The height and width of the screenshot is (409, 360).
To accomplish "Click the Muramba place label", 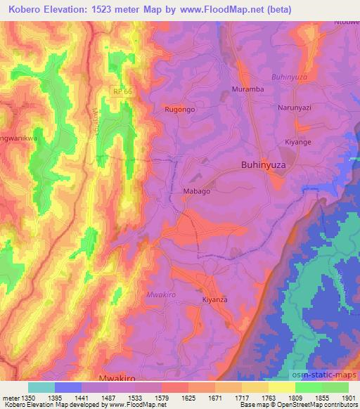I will pos(247,90).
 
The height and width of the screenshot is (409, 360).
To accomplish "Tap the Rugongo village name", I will pos(179,110).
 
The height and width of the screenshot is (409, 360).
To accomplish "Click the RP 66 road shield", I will pos(122,91).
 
